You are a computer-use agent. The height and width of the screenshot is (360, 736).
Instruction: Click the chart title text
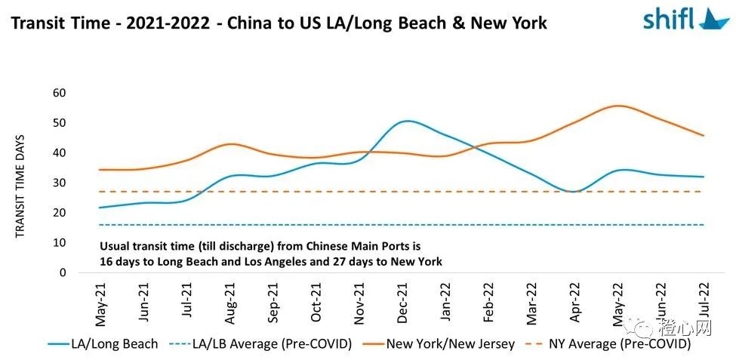pos(279,23)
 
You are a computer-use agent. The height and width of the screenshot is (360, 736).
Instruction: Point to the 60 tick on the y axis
pos(60,93)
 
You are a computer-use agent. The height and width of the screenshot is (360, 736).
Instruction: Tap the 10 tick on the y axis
pos(60,242)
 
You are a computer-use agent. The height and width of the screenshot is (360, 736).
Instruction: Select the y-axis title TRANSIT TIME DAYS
pos(20,186)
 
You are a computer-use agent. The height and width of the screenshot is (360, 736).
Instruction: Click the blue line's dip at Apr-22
pos(574,192)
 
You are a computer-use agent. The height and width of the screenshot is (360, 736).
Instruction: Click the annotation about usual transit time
pos(271,254)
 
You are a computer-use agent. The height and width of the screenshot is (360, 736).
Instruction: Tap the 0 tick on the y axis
pos(63,272)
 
